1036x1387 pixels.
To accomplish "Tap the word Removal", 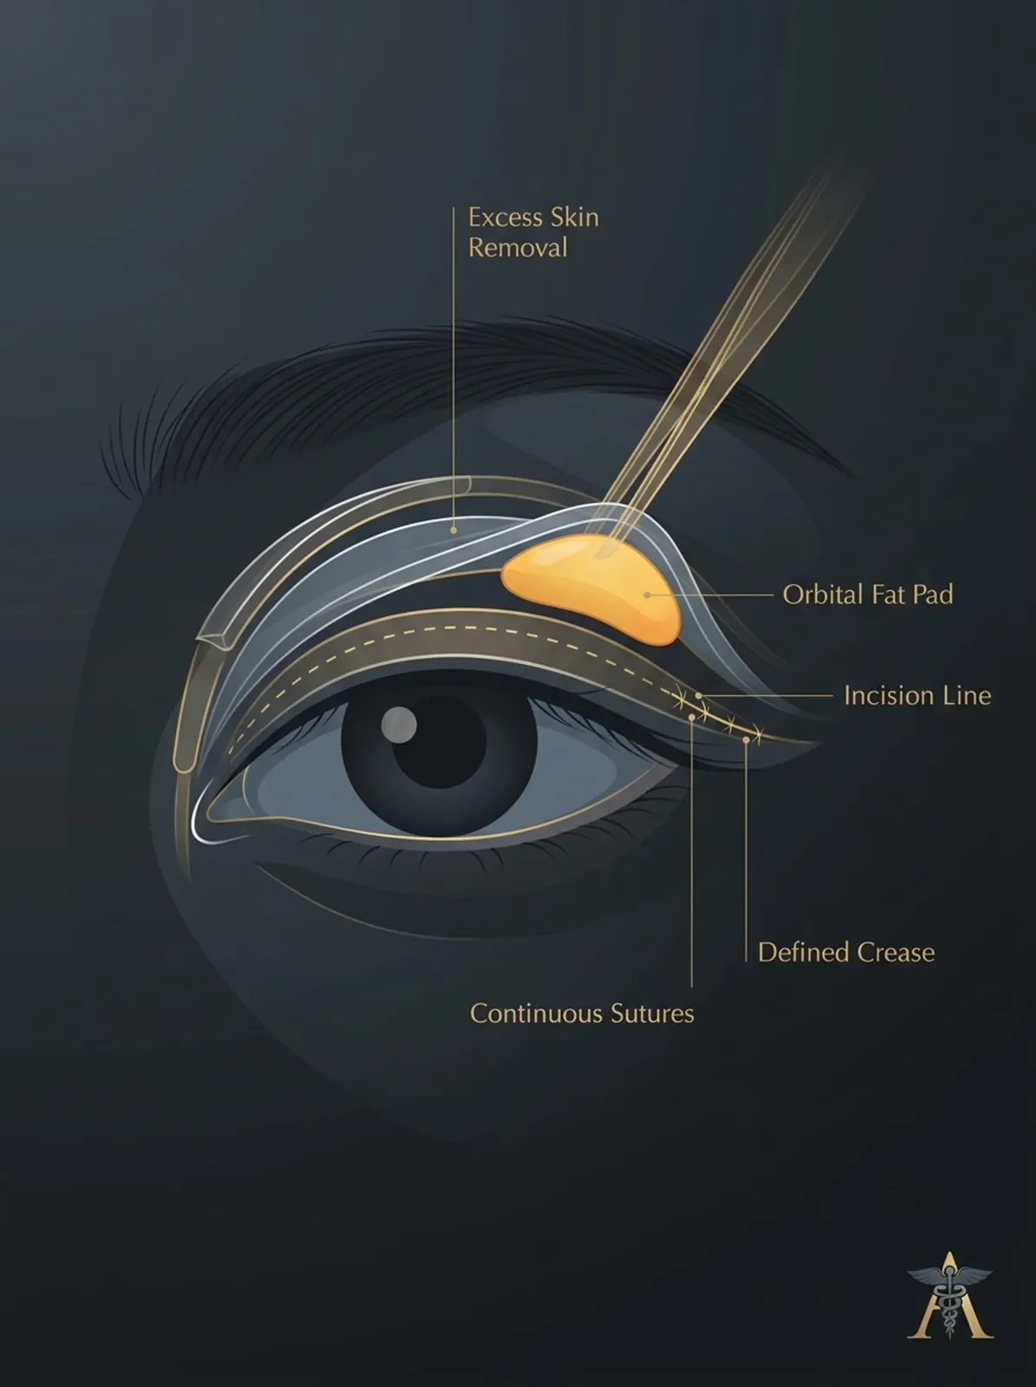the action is (518, 248).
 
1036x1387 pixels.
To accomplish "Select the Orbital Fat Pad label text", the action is (868, 595).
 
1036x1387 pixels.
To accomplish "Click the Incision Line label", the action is (917, 696).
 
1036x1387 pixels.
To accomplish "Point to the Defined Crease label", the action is (846, 952).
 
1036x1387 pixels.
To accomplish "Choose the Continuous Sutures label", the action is (582, 1013).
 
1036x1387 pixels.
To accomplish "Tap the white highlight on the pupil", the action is (400, 723).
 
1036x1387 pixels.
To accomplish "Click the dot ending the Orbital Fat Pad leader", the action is (647, 596).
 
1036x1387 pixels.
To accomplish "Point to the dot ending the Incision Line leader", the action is (699, 696).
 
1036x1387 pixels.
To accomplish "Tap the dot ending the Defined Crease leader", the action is (746, 739).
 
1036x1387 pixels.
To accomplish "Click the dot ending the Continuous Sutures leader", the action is (692, 717).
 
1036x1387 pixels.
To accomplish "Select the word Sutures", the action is (653, 1013).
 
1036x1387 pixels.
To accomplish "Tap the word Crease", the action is (897, 952).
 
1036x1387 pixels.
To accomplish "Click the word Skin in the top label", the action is (574, 218).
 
